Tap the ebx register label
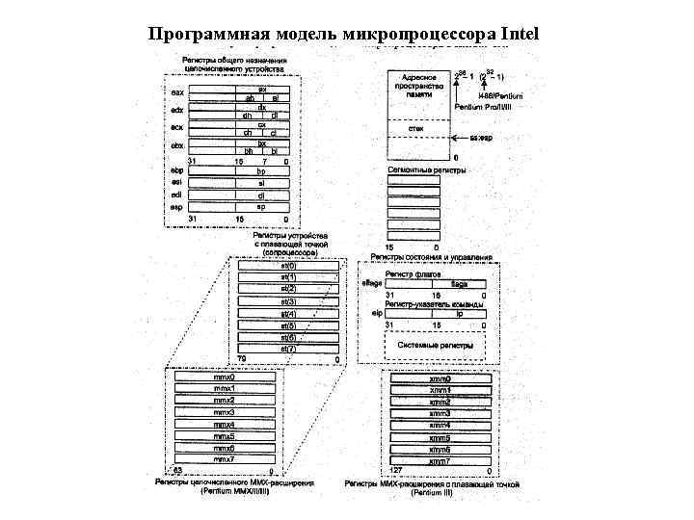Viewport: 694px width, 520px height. [176, 146]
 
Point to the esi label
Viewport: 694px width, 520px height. [176, 183]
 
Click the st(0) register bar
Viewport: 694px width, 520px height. [288, 266]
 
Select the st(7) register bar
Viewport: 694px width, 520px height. [288, 349]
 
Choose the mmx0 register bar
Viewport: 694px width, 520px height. [225, 378]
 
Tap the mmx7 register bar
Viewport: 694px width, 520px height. [225, 459]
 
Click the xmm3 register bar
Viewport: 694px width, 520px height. [440, 413]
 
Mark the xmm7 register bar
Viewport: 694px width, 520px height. [440, 461]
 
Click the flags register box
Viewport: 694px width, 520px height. [459, 285]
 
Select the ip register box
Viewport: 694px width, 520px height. [459, 313]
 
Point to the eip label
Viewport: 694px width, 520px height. [377, 313]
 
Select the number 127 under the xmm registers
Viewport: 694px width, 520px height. [394, 472]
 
